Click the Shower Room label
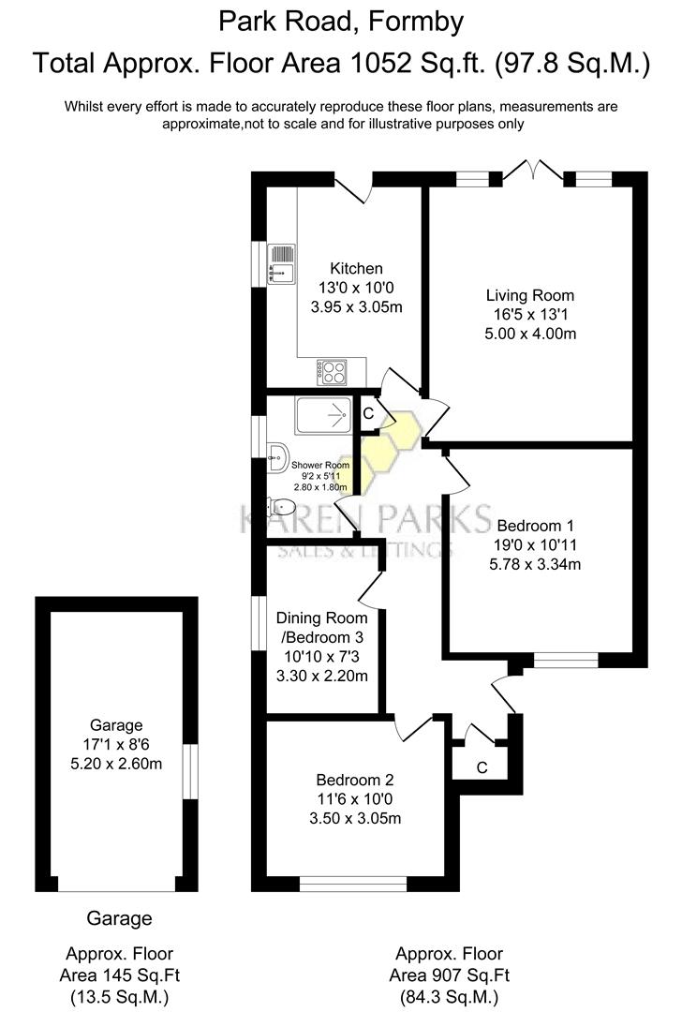[319, 465]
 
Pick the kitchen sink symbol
[281, 262]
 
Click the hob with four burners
[333, 371]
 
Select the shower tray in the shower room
[323, 415]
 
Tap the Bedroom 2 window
[353, 883]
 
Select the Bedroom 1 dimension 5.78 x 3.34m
[536, 564]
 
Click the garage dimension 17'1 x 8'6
[116, 744]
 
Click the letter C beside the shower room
[368, 412]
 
